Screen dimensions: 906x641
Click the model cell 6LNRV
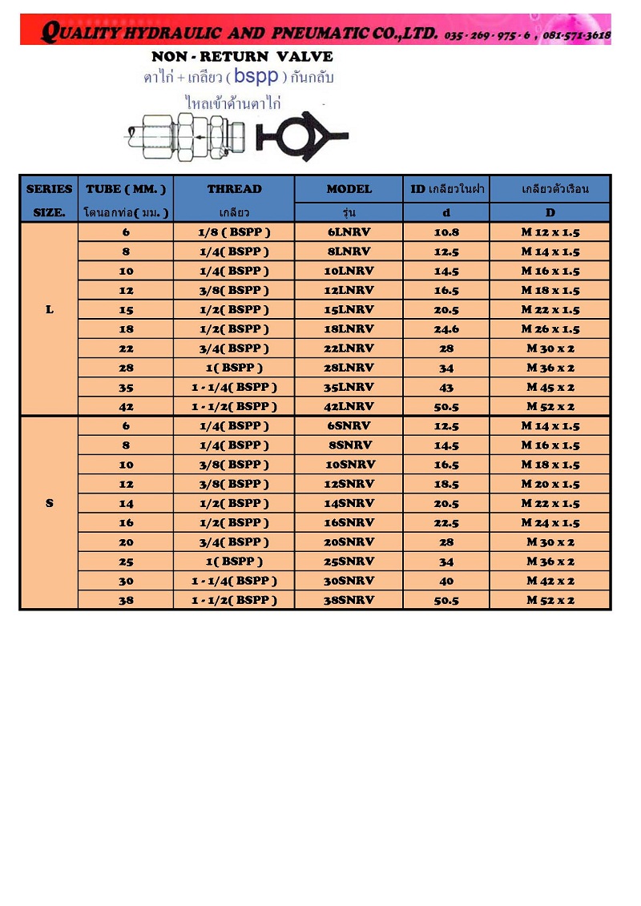[349, 232]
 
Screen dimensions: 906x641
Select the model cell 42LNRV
[349, 406]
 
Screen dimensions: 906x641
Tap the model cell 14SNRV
[349, 503]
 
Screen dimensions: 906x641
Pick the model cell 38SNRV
[349, 600]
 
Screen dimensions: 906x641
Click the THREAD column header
[234, 189]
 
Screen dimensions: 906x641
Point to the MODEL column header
[349, 189]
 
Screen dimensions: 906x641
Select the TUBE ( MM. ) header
[126, 189]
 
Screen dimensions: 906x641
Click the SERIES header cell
[49, 189]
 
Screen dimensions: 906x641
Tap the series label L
[50, 309]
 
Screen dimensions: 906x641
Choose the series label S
[50, 503]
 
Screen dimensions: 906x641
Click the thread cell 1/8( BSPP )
[234, 232]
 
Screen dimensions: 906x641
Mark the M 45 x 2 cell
[550, 387]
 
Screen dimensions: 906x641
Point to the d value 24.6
[446, 329]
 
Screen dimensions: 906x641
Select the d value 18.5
[446, 484]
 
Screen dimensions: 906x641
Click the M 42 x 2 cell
[550, 581]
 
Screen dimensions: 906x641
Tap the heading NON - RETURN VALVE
[242, 57]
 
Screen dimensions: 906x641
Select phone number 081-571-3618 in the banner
[576, 35]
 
